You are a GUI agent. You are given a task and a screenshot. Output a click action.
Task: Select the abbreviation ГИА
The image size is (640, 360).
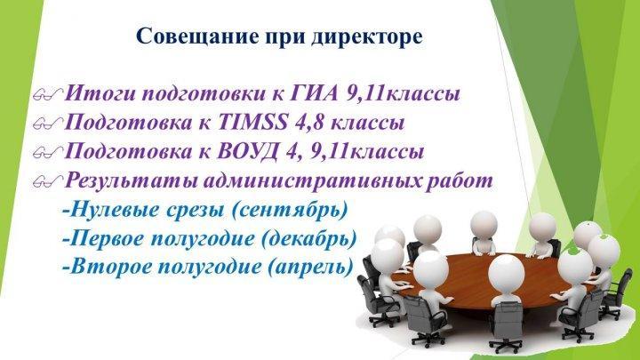coord(315,93)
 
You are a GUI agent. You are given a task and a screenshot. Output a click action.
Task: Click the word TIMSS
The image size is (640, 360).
coord(253,122)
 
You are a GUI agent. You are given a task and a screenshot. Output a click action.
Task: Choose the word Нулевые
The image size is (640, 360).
coord(115,210)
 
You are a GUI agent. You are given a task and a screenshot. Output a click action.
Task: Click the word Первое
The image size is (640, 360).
coord(107,238)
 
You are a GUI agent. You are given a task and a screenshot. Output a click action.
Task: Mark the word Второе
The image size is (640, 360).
coord(110,267)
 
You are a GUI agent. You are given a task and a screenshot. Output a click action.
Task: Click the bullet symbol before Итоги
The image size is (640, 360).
coord(48,95)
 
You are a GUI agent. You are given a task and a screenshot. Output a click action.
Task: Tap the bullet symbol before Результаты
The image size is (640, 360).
coord(48,181)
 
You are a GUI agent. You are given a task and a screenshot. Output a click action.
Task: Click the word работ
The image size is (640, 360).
coord(460,180)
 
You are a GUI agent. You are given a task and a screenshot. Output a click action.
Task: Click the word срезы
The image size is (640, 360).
coord(195,211)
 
